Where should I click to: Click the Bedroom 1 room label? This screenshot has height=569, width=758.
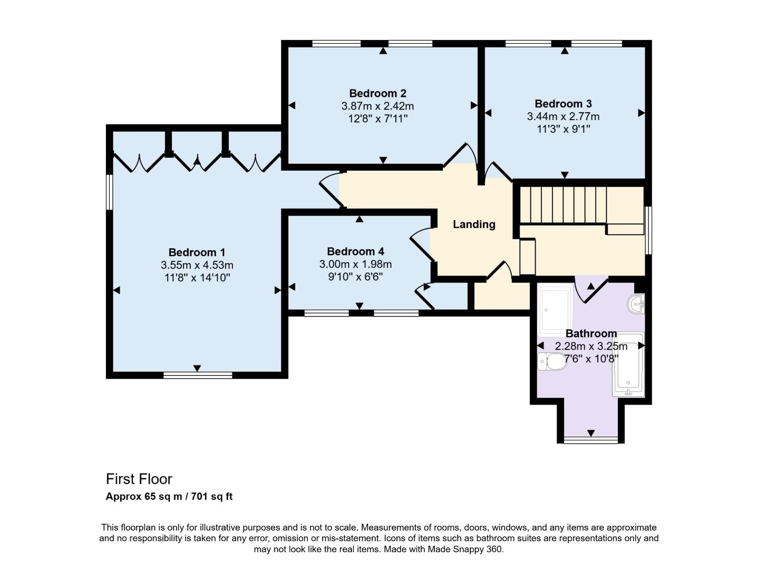[x=197, y=252]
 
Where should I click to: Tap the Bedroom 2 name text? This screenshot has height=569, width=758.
[x=377, y=93]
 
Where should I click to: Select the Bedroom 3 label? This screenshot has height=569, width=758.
[x=563, y=104]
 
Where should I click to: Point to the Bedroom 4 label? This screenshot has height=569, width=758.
[x=355, y=251]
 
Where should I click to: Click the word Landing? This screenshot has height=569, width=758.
[x=474, y=224]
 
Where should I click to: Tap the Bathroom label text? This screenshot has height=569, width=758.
[x=591, y=333]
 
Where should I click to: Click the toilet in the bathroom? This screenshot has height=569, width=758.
[x=551, y=362]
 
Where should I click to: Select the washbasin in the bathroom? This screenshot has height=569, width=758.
[x=636, y=304]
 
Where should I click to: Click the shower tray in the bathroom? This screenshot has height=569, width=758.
[x=555, y=308]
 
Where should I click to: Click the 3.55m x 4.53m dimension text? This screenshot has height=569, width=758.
[x=197, y=265]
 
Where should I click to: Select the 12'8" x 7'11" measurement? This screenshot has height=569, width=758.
[x=377, y=119]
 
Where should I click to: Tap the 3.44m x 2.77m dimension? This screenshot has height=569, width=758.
[x=563, y=116]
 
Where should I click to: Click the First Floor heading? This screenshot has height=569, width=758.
[x=139, y=479]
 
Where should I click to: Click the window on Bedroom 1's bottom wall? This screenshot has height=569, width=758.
[x=198, y=375]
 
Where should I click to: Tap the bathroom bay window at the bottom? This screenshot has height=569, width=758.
[x=590, y=440]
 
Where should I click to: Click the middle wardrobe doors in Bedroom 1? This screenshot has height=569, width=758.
[x=197, y=161]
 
